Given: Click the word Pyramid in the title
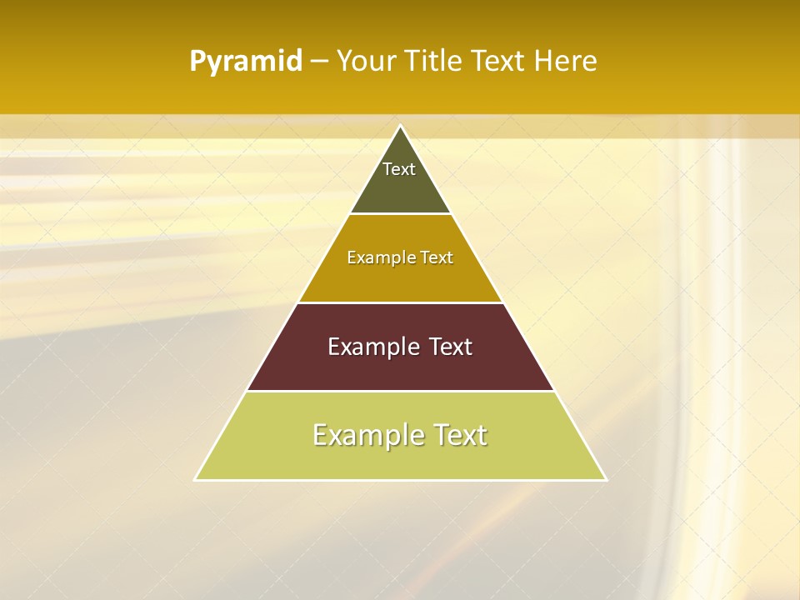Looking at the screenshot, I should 245,62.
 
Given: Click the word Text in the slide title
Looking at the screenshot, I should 499,61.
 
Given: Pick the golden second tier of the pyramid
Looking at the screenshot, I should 400,279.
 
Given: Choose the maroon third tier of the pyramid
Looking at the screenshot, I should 400,367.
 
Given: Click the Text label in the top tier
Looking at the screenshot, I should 399,169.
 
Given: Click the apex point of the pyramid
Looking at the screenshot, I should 401,126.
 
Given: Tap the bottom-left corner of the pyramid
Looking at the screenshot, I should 195,479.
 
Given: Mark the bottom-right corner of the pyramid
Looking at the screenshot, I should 606,479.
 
